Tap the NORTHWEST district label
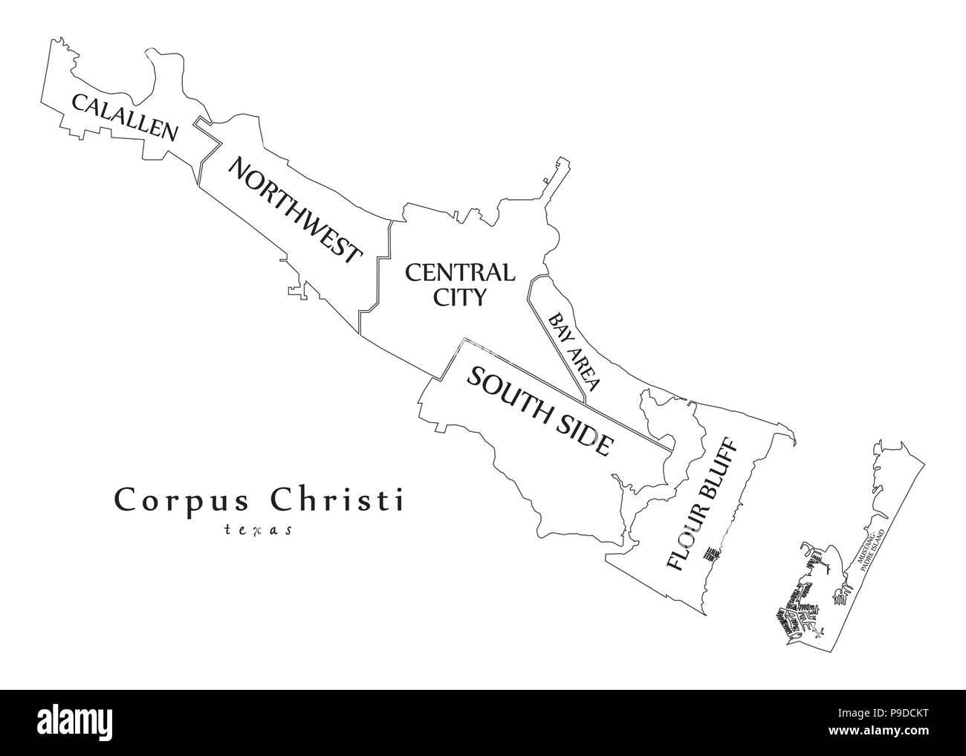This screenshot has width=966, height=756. click(x=294, y=210)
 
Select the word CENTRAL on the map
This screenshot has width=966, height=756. click(x=459, y=272)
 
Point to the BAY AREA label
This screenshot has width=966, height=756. click(x=574, y=352)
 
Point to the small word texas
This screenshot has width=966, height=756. click(x=258, y=530)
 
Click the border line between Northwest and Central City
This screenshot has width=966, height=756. click(x=378, y=268)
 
